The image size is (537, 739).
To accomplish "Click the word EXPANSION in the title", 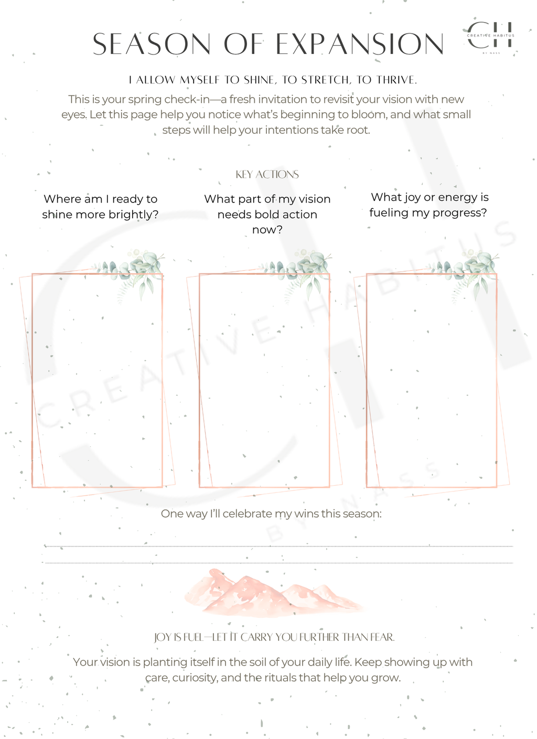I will click(x=360, y=44).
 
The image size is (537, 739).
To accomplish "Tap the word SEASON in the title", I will click(x=152, y=44).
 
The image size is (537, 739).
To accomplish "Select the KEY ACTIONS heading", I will click(x=267, y=175).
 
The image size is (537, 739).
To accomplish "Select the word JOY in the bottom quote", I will click(x=162, y=637).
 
